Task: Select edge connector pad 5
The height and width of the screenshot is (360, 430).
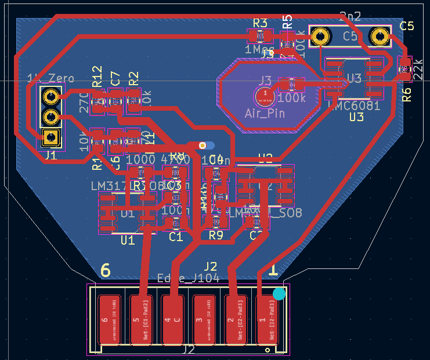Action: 140,319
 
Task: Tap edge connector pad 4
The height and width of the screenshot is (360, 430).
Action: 172,319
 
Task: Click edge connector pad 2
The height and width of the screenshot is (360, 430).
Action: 235,319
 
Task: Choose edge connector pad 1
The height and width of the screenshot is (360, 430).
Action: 266,319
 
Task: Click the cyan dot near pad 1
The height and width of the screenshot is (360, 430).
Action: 279,294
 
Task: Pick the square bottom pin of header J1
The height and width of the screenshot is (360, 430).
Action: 51,137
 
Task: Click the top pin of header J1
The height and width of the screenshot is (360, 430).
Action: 51,97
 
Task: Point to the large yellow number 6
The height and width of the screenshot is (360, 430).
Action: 105,270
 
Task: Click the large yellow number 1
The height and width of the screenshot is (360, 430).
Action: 272,270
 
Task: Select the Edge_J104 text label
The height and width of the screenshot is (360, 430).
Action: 189,279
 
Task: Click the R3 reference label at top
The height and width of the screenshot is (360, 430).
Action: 260,23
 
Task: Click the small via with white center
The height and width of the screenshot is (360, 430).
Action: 202,145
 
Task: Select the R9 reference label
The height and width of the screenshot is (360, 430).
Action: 216,235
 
